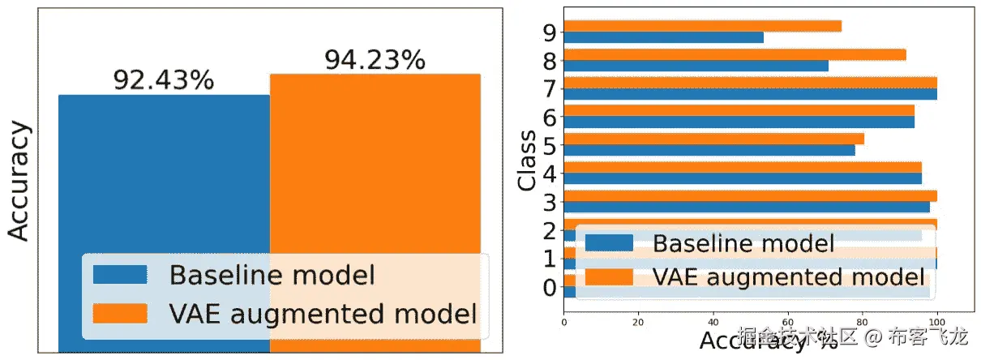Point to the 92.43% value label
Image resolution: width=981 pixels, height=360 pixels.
(163, 80)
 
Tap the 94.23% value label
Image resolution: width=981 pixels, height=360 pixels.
(375, 60)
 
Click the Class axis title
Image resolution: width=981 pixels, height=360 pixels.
(528, 160)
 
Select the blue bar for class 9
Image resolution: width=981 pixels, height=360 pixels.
(663, 37)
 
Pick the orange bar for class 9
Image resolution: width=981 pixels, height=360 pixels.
(702, 26)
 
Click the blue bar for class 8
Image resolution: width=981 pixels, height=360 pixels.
(696, 66)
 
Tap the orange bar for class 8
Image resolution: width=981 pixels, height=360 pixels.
(735, 54)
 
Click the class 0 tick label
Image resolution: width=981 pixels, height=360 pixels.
(550, 287)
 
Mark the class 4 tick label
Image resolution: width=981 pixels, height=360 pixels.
(550, 173)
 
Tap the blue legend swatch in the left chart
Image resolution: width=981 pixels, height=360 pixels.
(120, 275)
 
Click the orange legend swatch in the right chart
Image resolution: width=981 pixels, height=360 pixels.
(607, 277)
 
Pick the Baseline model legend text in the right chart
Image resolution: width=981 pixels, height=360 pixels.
(743, 242)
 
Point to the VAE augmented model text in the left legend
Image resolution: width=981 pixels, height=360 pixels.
(323, 313)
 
